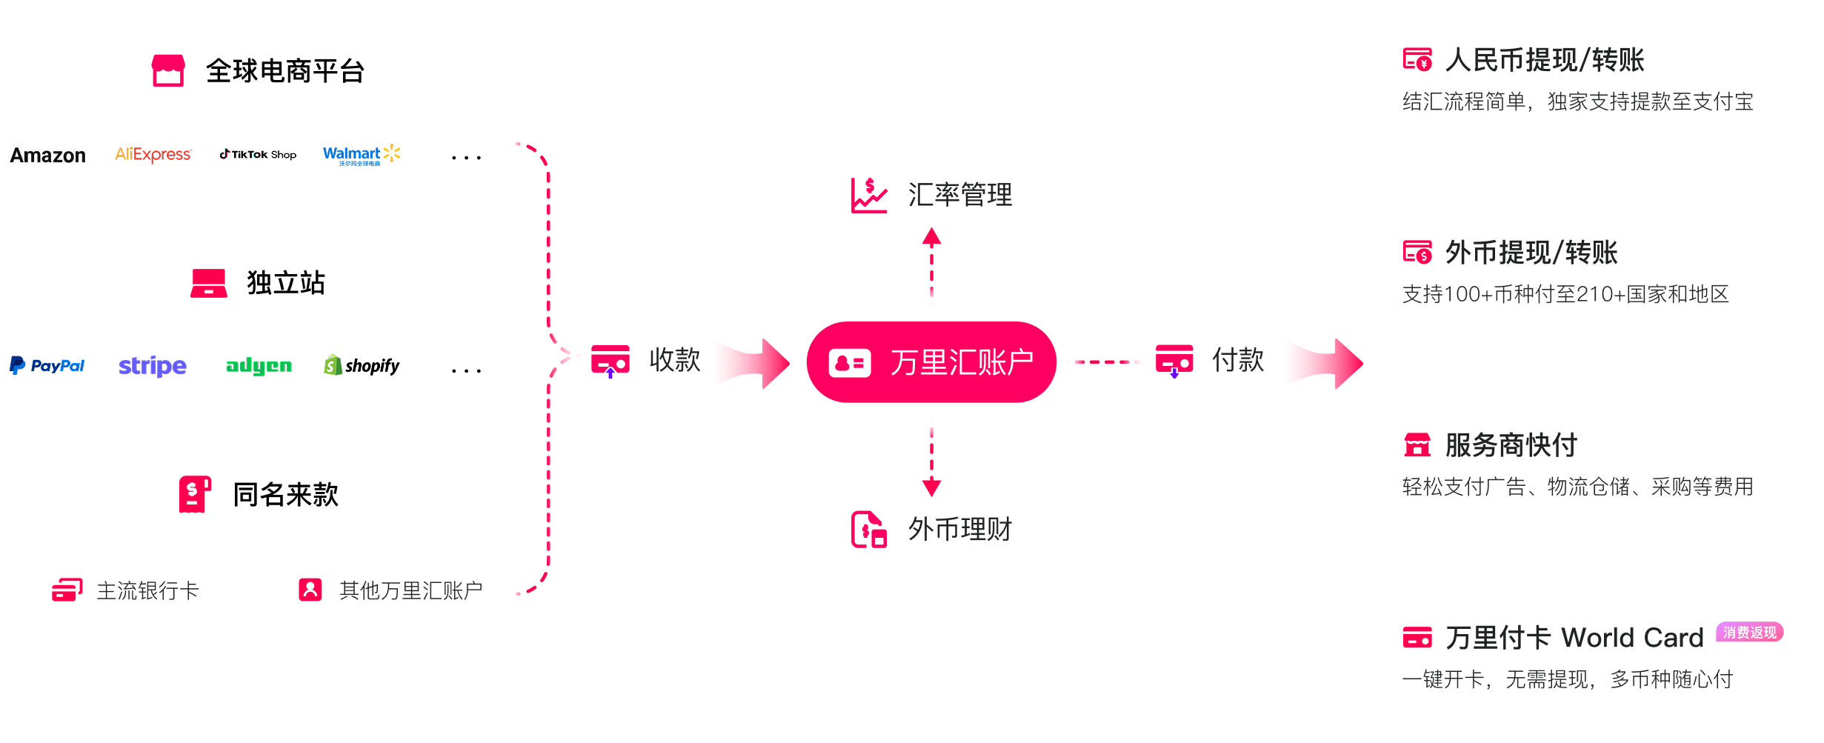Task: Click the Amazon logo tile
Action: [x=48, y=155]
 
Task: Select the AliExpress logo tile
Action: [x=153, y=155]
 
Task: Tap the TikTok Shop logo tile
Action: [x=257, y=155]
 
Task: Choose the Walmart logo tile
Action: [x=362, y=155]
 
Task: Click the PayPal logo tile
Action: [x=48, y=367]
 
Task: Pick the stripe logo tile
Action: [x=153, y=367]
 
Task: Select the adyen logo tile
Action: [x=257, y=367]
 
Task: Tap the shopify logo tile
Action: [x=362, y=367]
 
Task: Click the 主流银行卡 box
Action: [x=126, y=590]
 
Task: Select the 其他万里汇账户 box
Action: [x=390, y=590]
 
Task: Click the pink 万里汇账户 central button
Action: [x=931, y=362]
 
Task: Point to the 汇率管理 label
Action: [x=959, y=195]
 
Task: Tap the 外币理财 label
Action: [x=959, y=529]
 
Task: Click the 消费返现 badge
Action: [x=1749, y=632]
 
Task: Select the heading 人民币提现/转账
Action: [x=1545, y=60]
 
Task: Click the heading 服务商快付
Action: [x=1511, y=445]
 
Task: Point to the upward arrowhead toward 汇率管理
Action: [x=931, y=237]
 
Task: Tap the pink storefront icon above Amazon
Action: [x=168, y=70]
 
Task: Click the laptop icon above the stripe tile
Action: [x=209, y=283]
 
